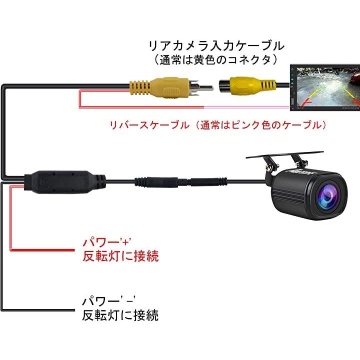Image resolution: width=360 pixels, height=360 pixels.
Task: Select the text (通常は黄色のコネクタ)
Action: tap(216, 59)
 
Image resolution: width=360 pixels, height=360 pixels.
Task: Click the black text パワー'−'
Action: tap(109, 302)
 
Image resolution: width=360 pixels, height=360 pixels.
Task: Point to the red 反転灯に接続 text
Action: tap(120, 257)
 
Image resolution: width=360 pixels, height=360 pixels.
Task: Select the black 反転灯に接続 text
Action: tap(120, 315)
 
